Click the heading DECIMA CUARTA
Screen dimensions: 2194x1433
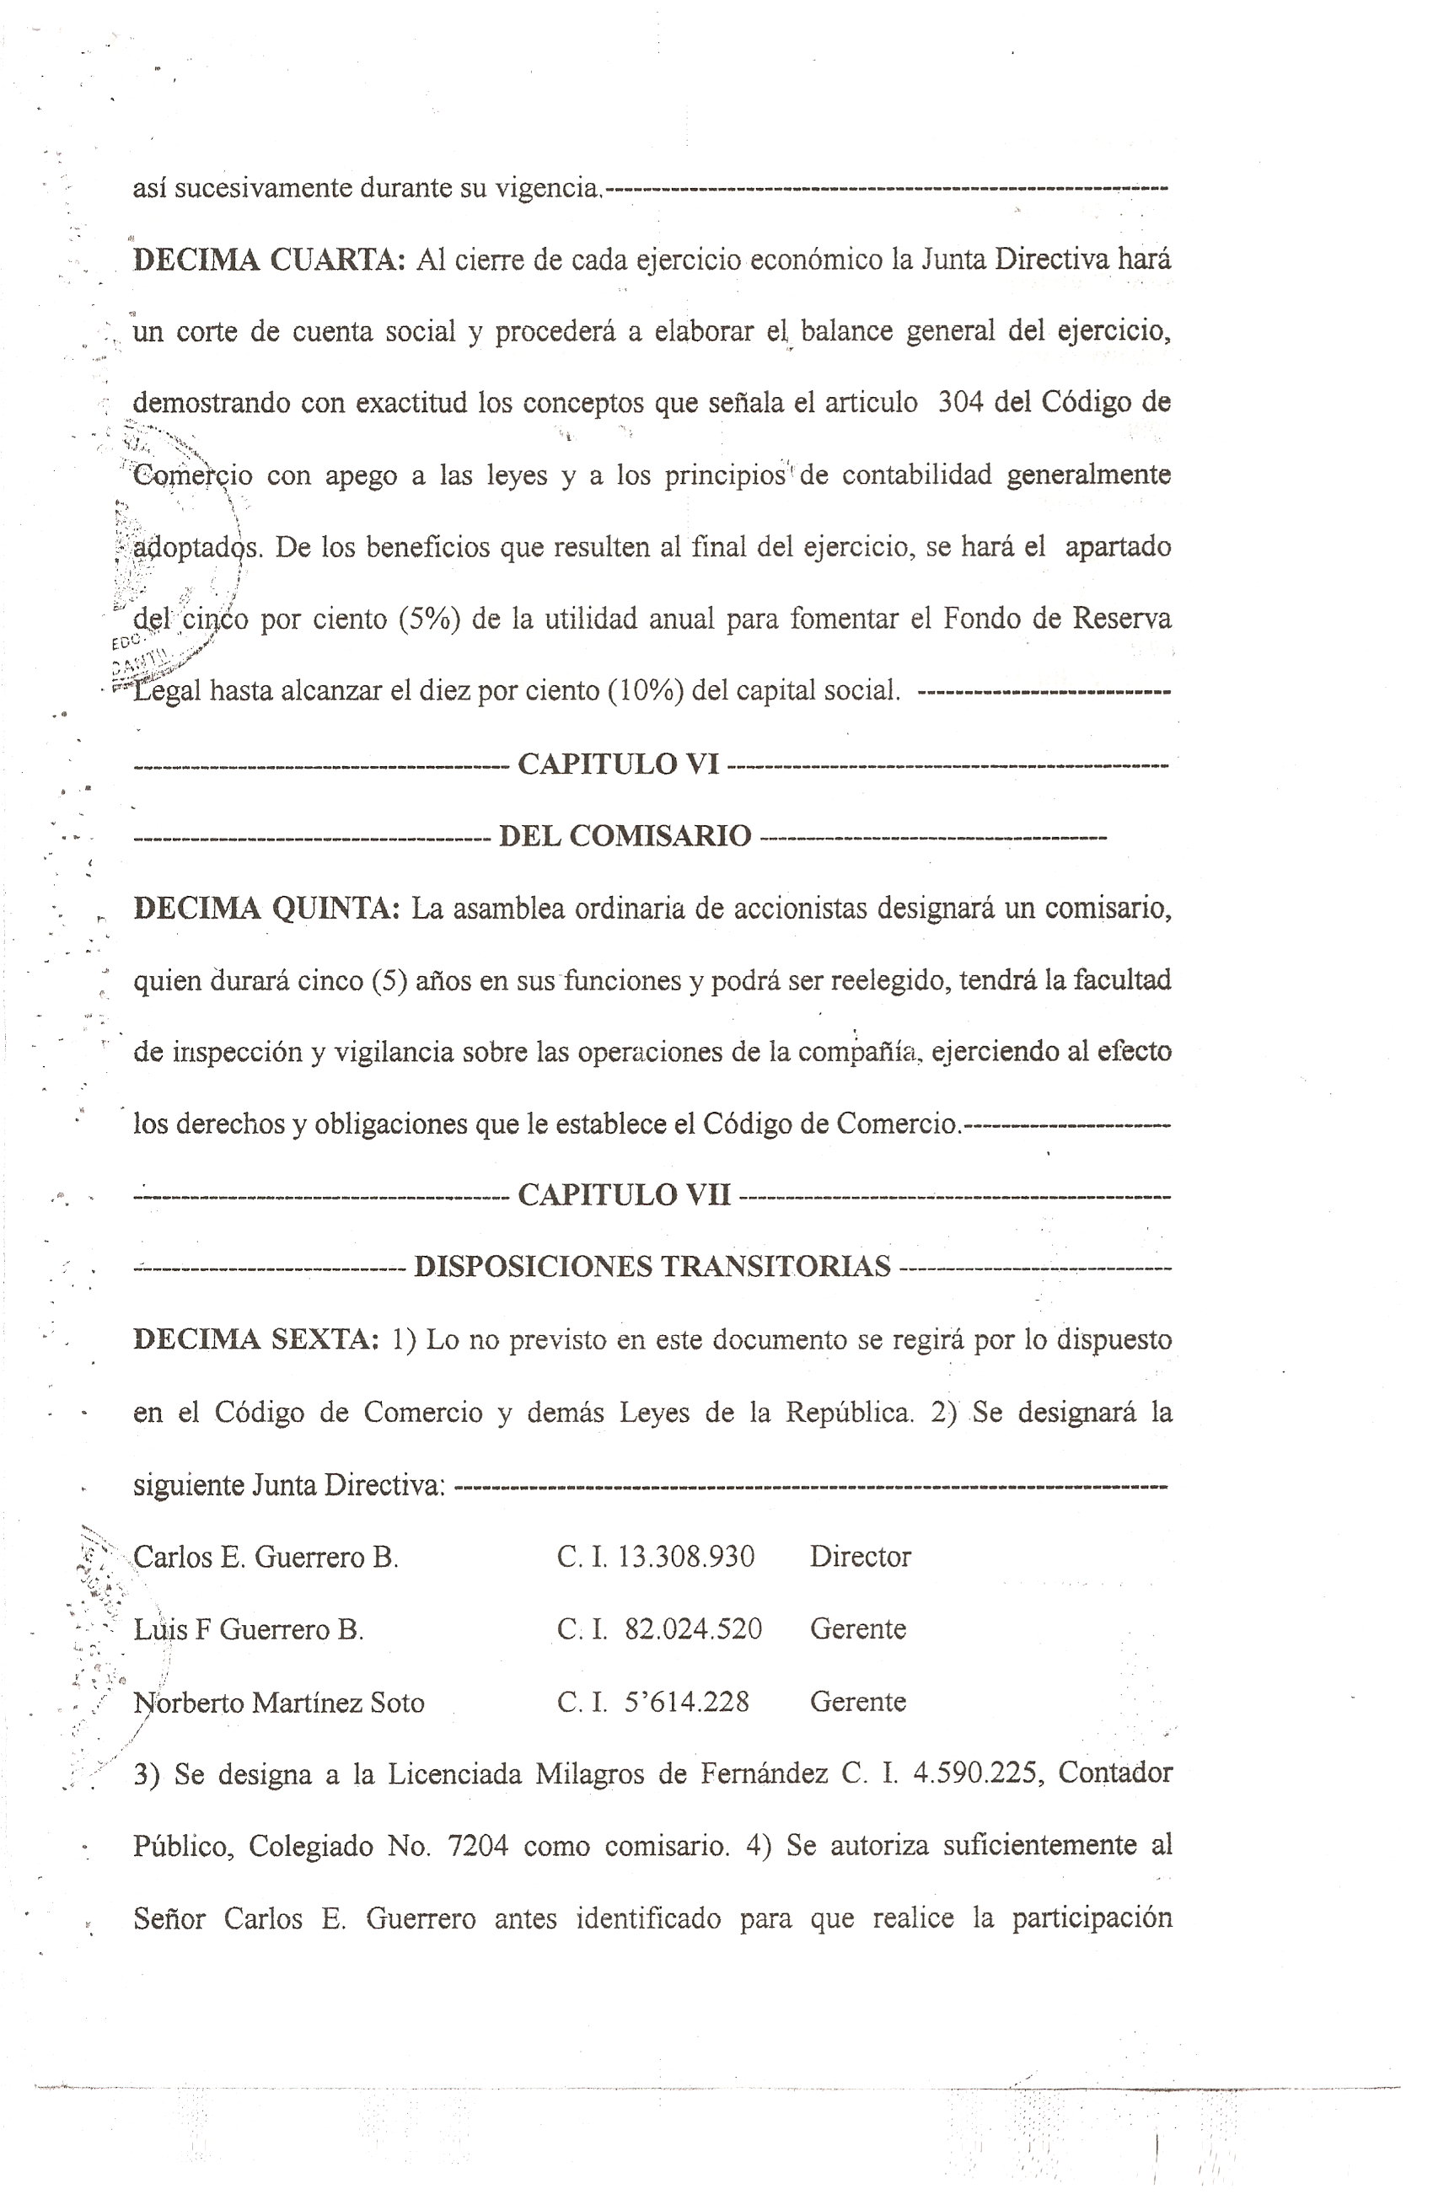[268, 260]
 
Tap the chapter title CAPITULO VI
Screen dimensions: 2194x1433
[618, 764]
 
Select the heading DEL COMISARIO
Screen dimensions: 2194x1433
[625, 835]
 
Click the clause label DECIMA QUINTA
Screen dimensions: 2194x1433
[266, 908]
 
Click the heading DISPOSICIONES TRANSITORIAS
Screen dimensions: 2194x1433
[652, 1267]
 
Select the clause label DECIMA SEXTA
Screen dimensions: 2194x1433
[255, 1338]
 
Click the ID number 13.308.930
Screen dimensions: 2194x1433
[686, 1557]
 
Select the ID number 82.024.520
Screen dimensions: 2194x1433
[693, 1629]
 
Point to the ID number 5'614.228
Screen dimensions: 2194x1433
[686, 1702]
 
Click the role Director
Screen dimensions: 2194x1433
[860, 1557]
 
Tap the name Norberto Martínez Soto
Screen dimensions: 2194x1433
[278, 1702]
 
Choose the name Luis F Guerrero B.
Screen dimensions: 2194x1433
[248, 1630]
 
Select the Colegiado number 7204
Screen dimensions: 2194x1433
[478, 1846]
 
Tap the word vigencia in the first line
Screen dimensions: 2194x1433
[548, 188]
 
